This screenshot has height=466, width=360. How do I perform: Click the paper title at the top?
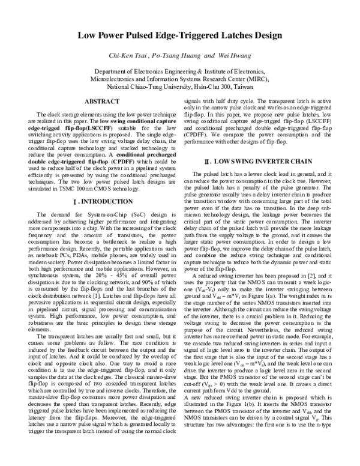click(179, 35)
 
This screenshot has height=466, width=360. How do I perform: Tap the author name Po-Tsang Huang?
click(194, 56)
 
